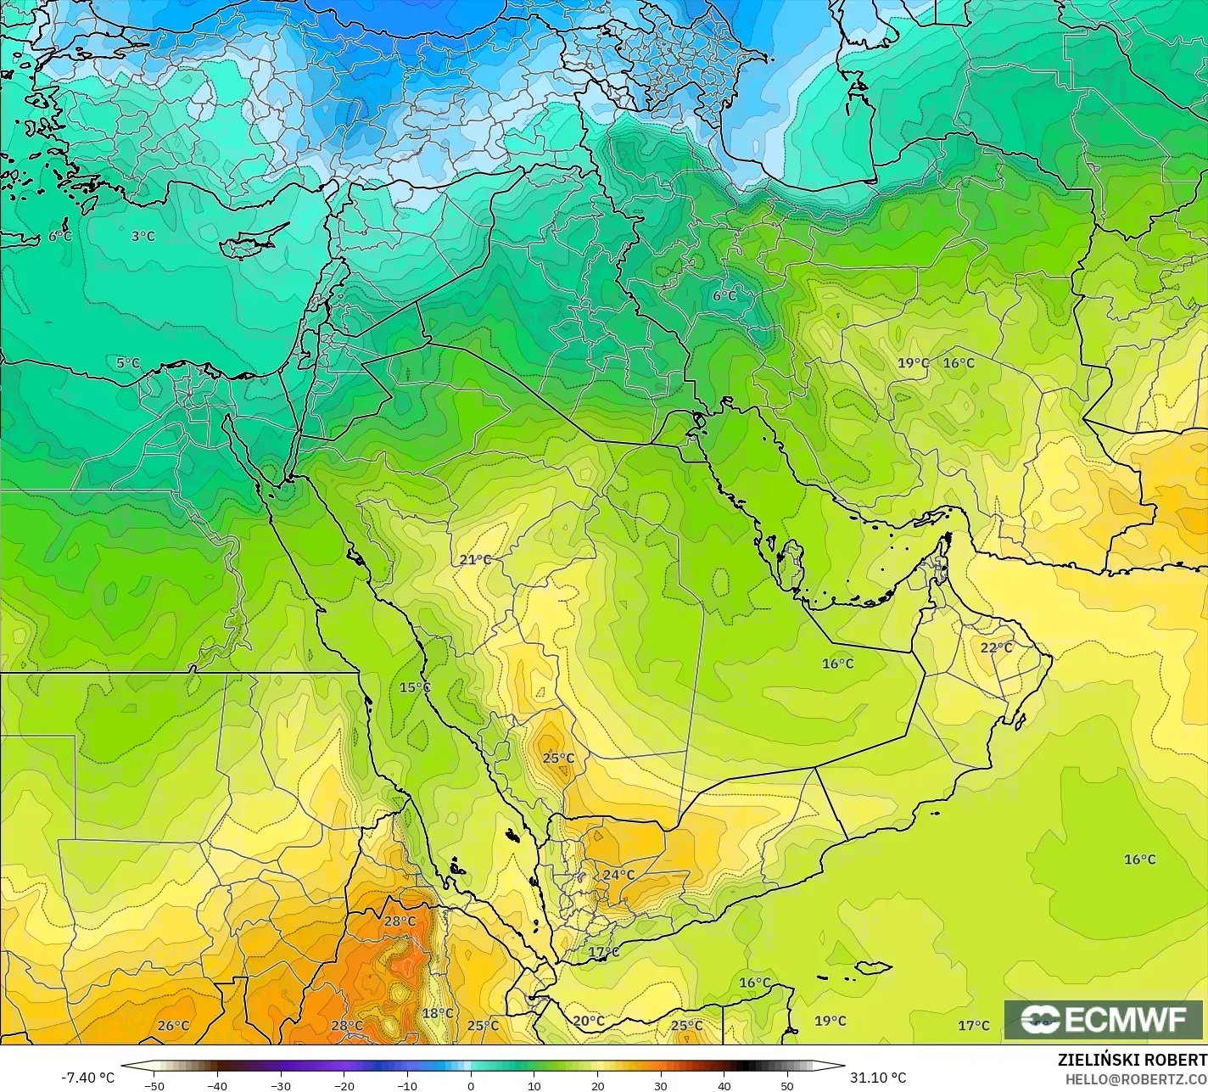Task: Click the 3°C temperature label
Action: coord(143,237)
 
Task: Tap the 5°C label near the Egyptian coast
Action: coord(128,363)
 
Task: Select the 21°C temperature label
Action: coord(476,560)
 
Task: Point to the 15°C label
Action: coord(415,687)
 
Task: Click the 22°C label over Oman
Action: coord(997,647)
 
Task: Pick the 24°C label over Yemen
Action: coord(618,875)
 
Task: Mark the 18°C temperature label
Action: coord(438,1013)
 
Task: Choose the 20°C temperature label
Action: coord(589,1021)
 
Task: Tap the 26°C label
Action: coord(174,1026)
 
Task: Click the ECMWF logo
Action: coord(1104,1020)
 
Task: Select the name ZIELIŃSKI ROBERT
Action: coord(1132,1061)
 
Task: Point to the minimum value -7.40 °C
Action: coord(87,1078)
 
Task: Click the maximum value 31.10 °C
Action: coord(879,1078)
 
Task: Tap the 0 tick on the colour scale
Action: coord(471,1085)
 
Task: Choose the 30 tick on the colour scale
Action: coord(661,1085)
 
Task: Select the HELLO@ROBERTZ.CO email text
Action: coord(1137,1079)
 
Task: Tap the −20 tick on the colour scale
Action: coord(344,1085)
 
